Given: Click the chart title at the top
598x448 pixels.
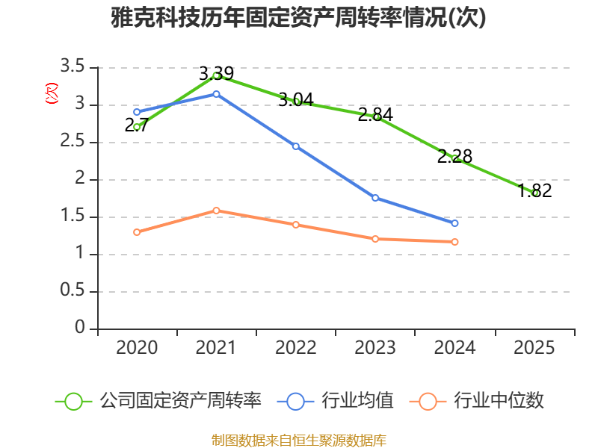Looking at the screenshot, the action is click(298, 17).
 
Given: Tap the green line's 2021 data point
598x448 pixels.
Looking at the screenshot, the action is click(216, 75).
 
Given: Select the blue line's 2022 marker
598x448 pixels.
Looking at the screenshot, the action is click(295, 146).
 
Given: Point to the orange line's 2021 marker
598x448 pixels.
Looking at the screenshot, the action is click(216, 211).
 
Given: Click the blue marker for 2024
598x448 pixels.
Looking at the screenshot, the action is click(454, 223).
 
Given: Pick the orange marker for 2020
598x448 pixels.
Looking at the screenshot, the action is click(137, 232).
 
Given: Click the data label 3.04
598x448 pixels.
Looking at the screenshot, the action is click(296, 100).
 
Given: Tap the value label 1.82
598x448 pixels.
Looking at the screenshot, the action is click(534, 190).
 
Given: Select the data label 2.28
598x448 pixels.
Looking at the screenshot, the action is click(454, 156).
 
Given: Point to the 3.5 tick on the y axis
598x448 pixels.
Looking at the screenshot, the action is click(72, 66).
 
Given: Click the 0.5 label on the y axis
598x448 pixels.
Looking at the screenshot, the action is click(72, 290).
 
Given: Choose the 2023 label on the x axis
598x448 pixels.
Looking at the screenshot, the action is click(375, 347).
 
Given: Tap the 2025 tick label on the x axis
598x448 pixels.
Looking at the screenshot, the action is click(534, 347).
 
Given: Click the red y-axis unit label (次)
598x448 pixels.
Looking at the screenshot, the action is click(52, 93).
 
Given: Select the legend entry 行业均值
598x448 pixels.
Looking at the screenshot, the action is click(336, 401).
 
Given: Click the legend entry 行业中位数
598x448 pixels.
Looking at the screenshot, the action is click(477, 401).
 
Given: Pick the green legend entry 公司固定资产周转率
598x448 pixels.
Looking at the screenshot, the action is click(158, 401).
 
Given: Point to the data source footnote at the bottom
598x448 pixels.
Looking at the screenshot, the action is click(298, 441).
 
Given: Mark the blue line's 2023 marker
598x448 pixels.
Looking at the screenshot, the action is click(375, 198).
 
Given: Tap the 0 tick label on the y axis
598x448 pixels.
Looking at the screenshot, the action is click(80, 327).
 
